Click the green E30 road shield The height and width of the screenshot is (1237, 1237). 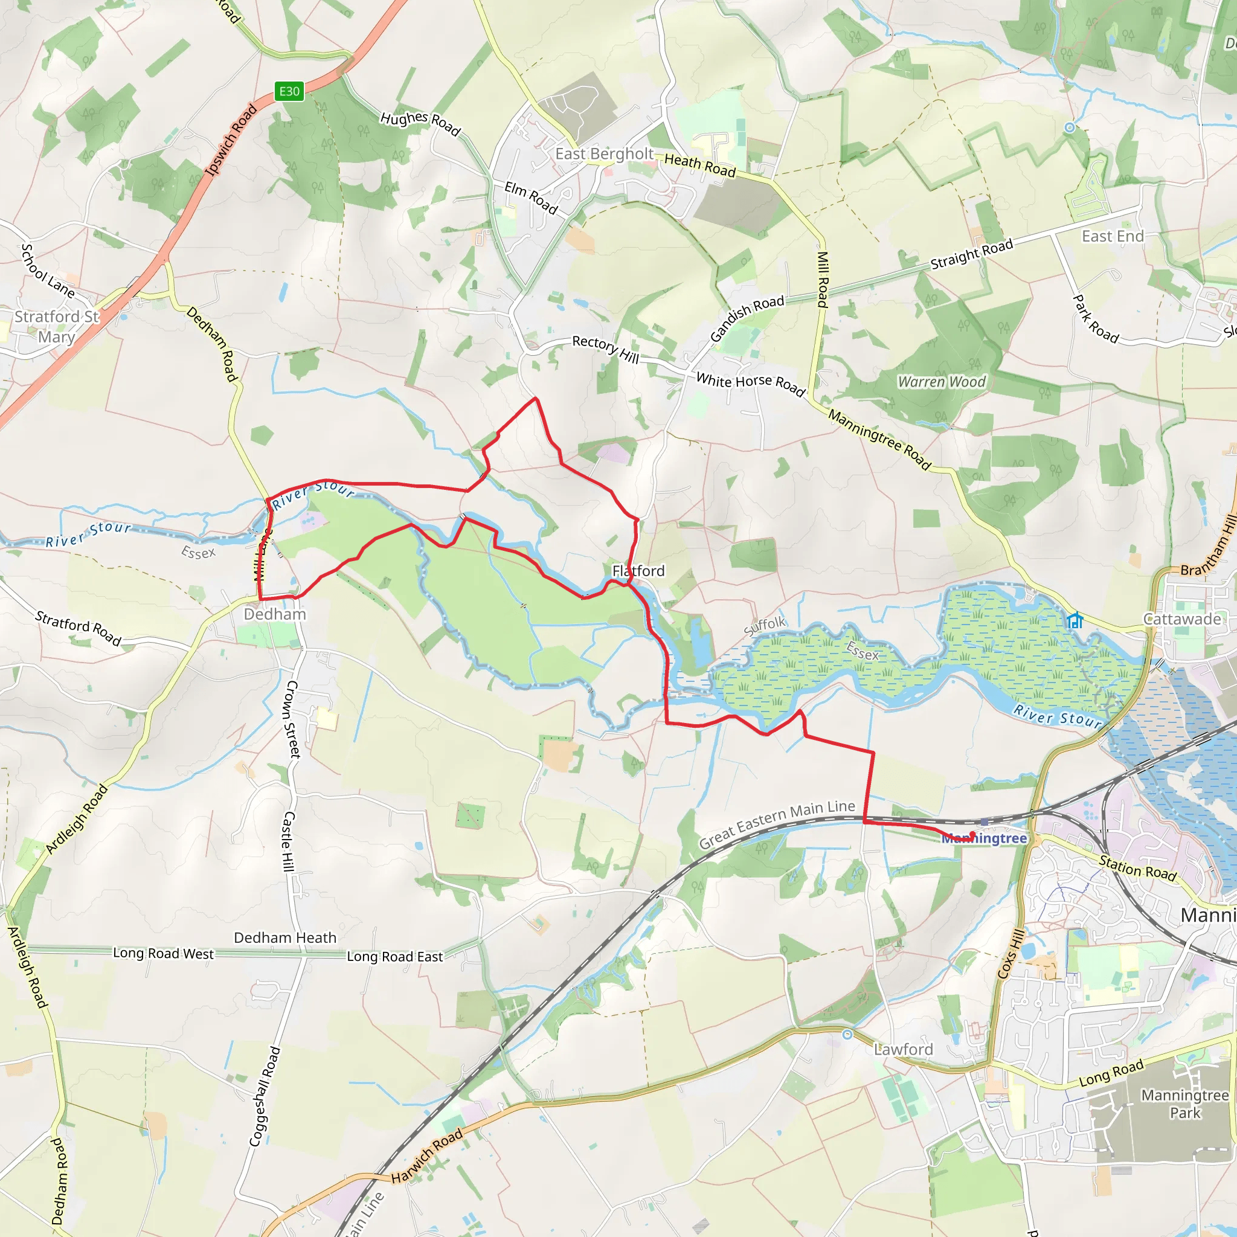[289, 92]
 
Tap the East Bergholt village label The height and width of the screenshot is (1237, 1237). [604, 154]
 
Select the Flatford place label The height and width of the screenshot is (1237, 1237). [638, 570]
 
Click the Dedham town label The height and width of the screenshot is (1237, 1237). [275, 614]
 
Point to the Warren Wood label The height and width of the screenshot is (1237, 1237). [941, 382]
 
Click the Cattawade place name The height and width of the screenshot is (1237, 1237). [1183, 619]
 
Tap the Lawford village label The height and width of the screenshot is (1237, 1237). [904, 1049]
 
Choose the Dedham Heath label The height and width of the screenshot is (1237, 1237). [285, 938]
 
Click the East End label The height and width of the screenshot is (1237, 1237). [1113, 237]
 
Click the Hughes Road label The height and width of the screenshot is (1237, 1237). [420, 123]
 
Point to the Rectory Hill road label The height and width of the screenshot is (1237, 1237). [606, 349]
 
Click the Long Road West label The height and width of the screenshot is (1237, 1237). [163, 953]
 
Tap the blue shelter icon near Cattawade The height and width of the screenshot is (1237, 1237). [1075, 620]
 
